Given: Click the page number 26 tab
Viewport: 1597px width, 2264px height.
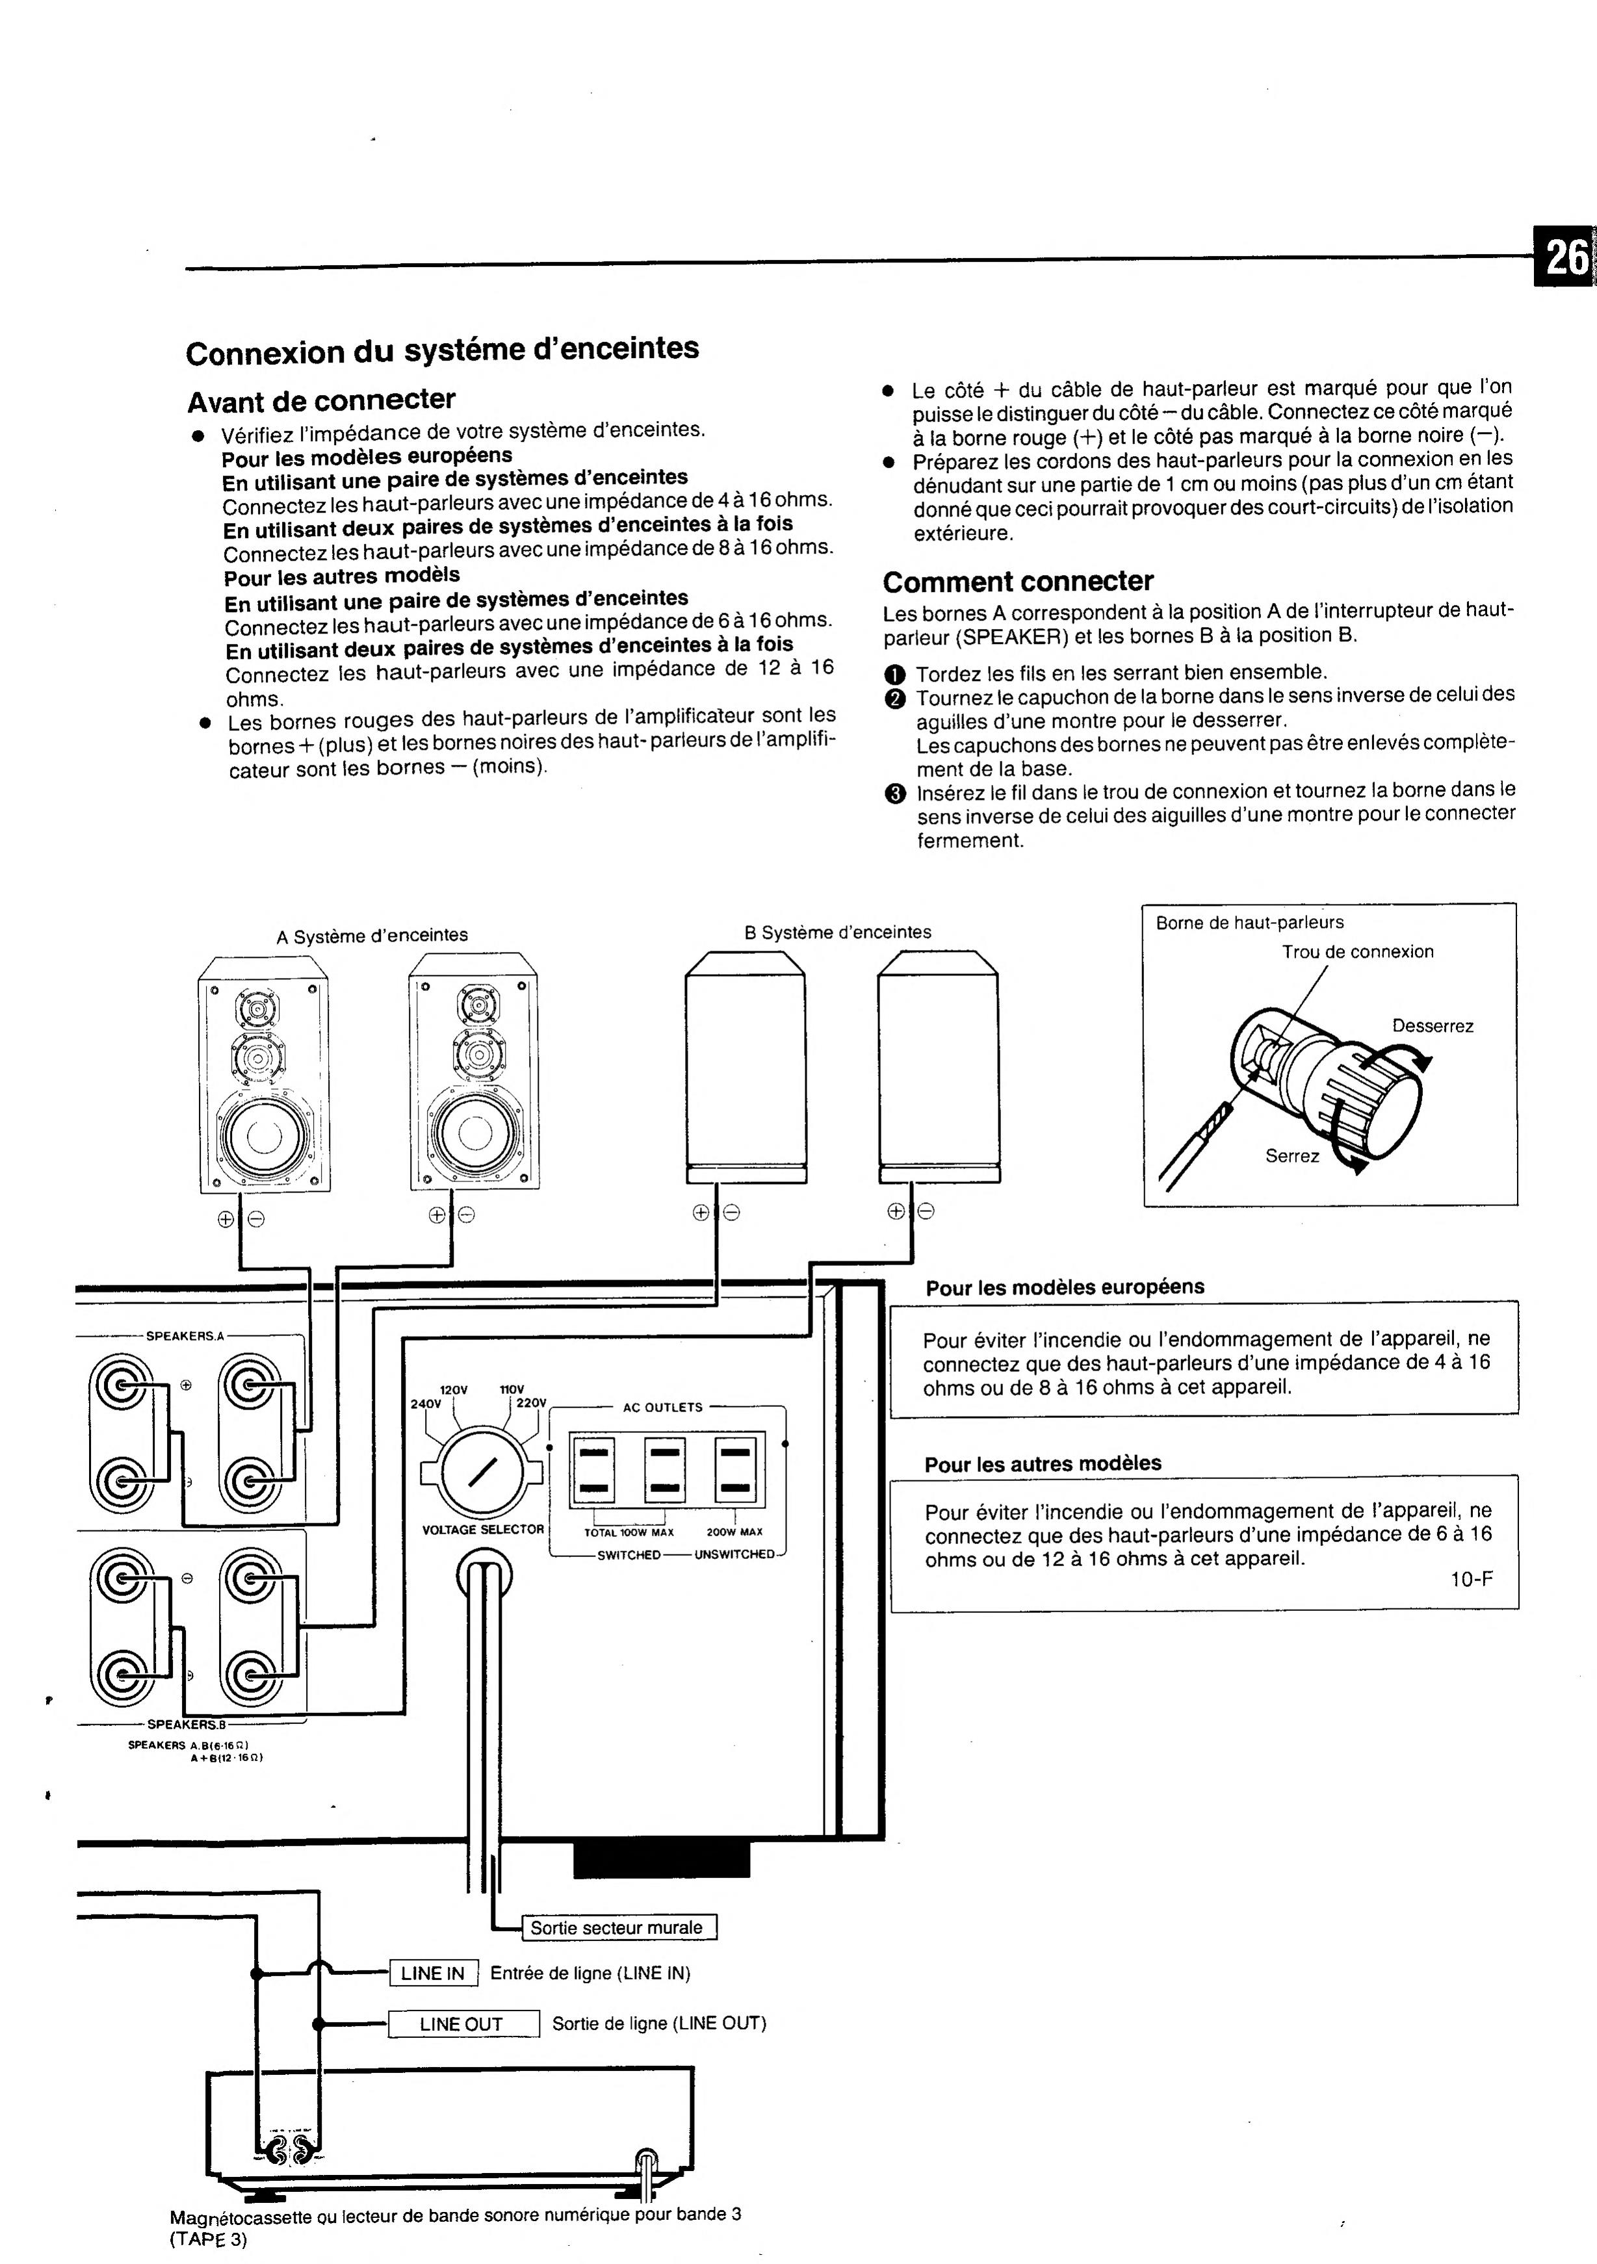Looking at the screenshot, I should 1565,259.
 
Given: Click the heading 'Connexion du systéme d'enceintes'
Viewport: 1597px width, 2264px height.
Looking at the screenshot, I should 442,350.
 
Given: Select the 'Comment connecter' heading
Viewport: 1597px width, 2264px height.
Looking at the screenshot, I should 1018,581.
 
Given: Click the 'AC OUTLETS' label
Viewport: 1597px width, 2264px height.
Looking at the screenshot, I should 663,1407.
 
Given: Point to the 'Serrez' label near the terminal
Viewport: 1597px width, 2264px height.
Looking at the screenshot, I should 1292,1155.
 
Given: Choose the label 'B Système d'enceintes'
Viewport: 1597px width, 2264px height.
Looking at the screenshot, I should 837,932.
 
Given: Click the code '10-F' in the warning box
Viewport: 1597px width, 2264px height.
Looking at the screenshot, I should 1471,1578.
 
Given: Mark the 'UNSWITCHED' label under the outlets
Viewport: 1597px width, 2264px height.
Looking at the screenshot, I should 735,1555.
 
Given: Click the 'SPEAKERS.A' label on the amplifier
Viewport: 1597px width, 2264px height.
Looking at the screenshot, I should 185,1336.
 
